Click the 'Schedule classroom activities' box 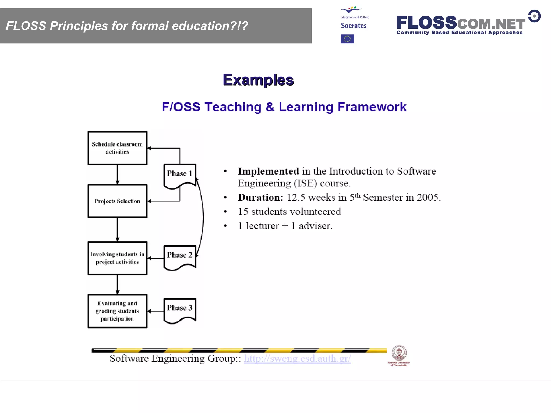[117, 148]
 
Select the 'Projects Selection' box [117, 201]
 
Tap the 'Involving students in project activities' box [117, 258]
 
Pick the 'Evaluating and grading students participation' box [117, 311]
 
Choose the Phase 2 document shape [180, 256]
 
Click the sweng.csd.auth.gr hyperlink [297, 358]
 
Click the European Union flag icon [347, 39]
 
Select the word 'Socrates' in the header [354, 26]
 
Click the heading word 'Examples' [258, 80]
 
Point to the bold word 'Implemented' [268, 171]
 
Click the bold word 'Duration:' [260, 197]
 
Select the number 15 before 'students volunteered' [243, 212]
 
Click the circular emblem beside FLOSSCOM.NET [534, 16]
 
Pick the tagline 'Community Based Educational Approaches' [460, 33]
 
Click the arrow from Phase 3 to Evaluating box [156, 311]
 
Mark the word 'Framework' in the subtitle [372, 107]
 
